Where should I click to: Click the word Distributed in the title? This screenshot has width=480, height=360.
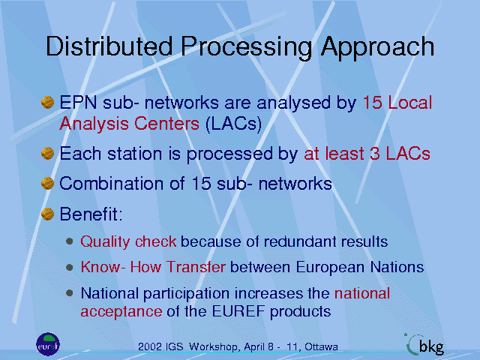point(109,46)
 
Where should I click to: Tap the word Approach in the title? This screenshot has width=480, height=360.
point(377,48)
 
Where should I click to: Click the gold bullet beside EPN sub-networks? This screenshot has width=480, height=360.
point(47,102)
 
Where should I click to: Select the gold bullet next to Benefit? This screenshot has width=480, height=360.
point(47,214)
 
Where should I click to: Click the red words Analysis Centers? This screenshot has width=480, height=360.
point(129,124)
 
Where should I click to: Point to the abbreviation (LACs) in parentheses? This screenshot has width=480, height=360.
point(233,124)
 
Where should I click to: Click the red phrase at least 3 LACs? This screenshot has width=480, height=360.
point(367,154)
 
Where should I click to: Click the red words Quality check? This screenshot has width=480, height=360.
point(128,241)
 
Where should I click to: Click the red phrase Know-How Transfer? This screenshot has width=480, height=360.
point(153,267)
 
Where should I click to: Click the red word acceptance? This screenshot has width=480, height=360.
point(121,312)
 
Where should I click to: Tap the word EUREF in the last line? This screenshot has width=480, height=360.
point(238,311)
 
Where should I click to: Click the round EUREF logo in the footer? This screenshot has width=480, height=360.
point(48,344)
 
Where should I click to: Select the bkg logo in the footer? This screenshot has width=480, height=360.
point(424,345)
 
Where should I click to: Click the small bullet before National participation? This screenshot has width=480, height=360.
point(70,293)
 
